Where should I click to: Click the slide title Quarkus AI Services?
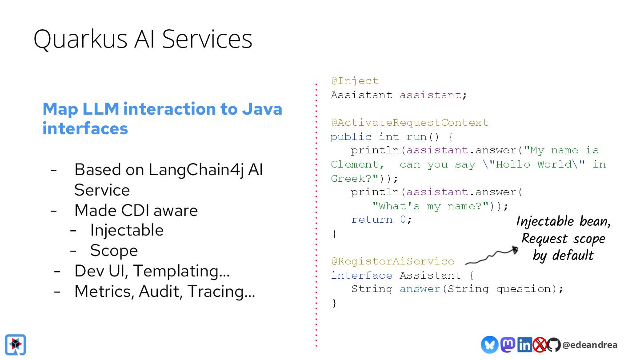click(x=143, y=39)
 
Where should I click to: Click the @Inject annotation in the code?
click(x=355, y=81)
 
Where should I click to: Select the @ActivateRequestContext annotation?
click(x=409, y=123)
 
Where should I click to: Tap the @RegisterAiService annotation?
click(x=392, y=261)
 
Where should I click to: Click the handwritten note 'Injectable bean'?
click(x=563, y=221)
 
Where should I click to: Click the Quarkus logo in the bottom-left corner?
click(x=16, y=345)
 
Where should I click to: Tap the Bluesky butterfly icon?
click(x=489, y=344)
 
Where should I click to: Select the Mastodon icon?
click(x=508, y=344)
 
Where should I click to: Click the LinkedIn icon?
click(x=524, y=344)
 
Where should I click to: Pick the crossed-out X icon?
click(x=540, y=344)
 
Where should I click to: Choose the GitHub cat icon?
click(x=553, y=344)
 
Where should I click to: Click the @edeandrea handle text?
click(x=589, y=345)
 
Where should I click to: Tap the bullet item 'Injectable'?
click(x=127, y=230)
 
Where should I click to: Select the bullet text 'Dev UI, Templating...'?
click(x=152, y=271)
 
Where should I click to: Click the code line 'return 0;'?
click(x=382, y=220)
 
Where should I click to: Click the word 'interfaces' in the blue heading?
click(x=85, y=128)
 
